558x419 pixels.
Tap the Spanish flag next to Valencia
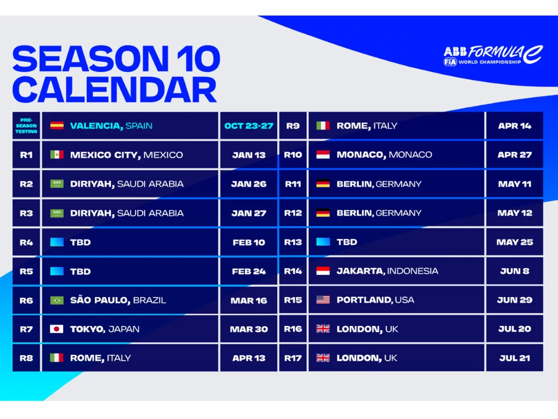[x=57, y=126]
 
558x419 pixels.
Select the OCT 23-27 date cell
[x=248, y=126]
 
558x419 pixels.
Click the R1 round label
[x=27, y=155]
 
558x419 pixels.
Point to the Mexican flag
[x=57, y=155]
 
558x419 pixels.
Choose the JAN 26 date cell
[x=248, y=184]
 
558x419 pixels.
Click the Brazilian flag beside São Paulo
[x=57, y=300]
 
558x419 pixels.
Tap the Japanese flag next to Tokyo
[x=57, y=329]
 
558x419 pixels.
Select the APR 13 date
[x=248, y=358]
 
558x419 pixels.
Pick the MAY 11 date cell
[x=514, y=184]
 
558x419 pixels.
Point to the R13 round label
[x=293, y=242]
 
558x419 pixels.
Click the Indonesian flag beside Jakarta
[x=323, y=271]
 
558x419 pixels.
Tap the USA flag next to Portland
[x=323, y=300]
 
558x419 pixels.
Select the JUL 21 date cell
[x=514, y=358]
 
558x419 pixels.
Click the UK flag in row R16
[x=323, y=329]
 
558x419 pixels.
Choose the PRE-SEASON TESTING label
[x=27, y=126]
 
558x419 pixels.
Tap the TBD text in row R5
[x=80, y=271]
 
